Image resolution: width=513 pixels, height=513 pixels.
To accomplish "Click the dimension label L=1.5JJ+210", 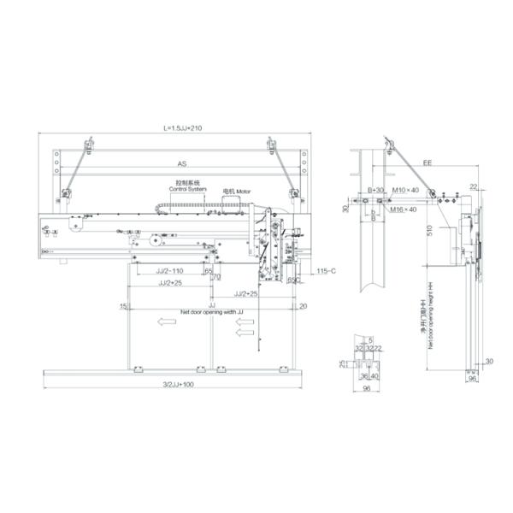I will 177,127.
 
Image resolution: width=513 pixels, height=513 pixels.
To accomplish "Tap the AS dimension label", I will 182,162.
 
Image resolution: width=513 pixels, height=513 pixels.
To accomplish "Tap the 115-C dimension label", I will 325,271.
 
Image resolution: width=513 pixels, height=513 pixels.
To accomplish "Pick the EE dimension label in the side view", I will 425,161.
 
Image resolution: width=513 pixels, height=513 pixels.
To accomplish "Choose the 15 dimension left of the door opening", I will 123,305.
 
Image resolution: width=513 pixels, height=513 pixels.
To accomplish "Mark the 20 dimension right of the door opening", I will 303,305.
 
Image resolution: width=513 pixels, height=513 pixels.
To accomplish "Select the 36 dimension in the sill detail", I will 363,375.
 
